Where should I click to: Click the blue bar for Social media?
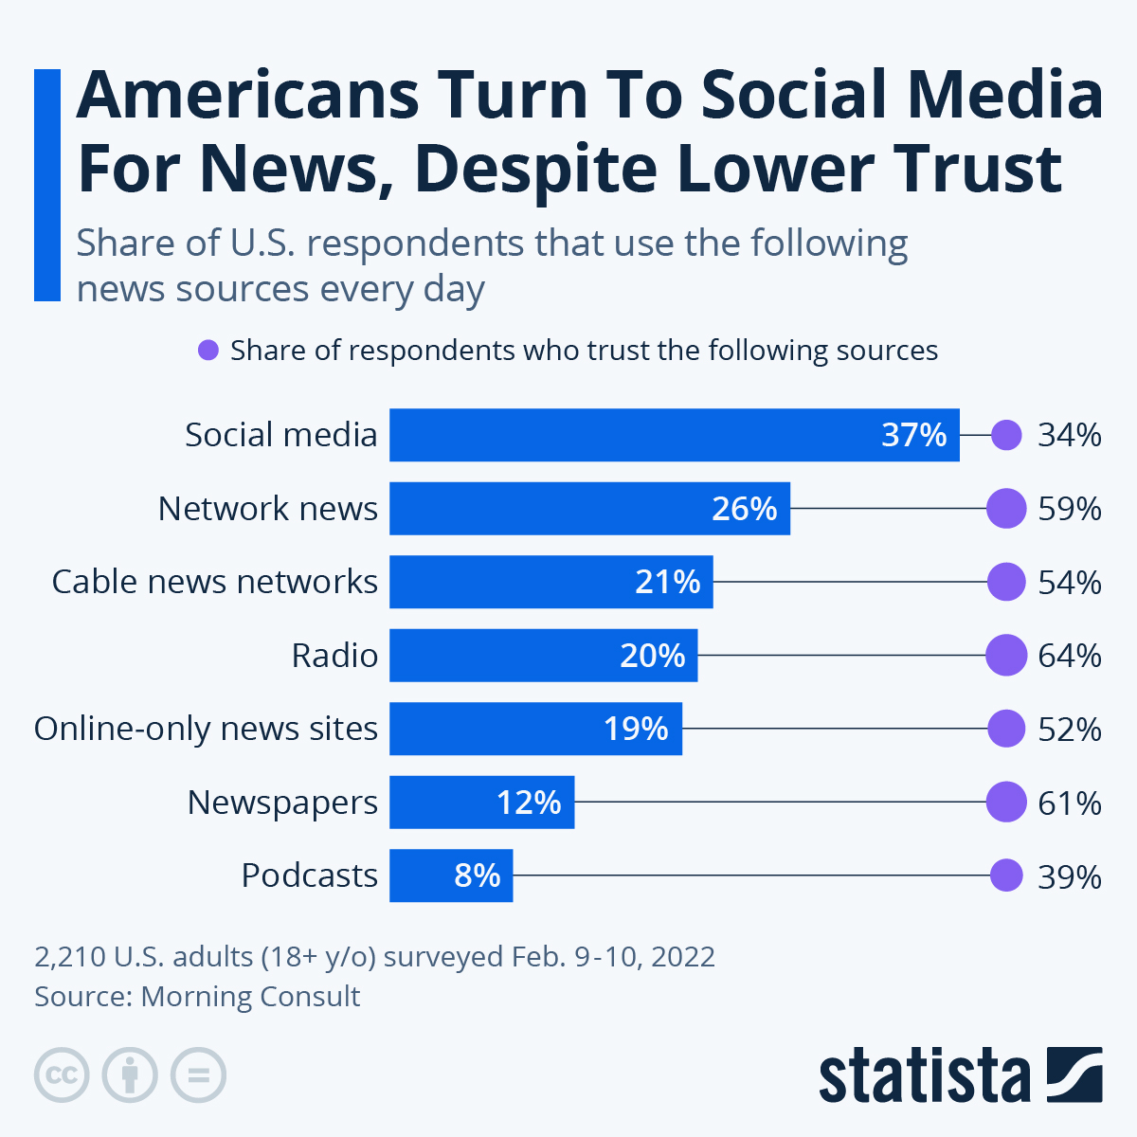click(x=663, y=435)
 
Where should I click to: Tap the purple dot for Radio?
click(x=1006, y=656)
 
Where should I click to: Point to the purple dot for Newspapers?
click(x=1006, y=803)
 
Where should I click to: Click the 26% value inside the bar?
click(x=744, y=509)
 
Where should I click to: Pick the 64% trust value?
click(x=1070, y=656)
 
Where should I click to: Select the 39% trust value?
click(x=1070, y=876)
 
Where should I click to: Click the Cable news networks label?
click(x=215, y=582)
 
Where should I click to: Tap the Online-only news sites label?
click(x=206, y=729)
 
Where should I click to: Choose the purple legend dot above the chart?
click(x=208, y=351)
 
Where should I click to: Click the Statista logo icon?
click(x=1074, y=1074)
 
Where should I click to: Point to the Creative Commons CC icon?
click(x=62, y=1075)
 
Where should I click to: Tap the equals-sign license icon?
click(x=199, y=1075)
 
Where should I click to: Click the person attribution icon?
click(x=130, y=1075)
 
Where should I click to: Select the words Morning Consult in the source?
click(x=250, y=997)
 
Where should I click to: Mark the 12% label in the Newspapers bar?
click(x=529, y=803)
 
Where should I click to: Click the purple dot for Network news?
click(x=1006, y=509)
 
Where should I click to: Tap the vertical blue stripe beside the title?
click(x=47, y=185)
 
